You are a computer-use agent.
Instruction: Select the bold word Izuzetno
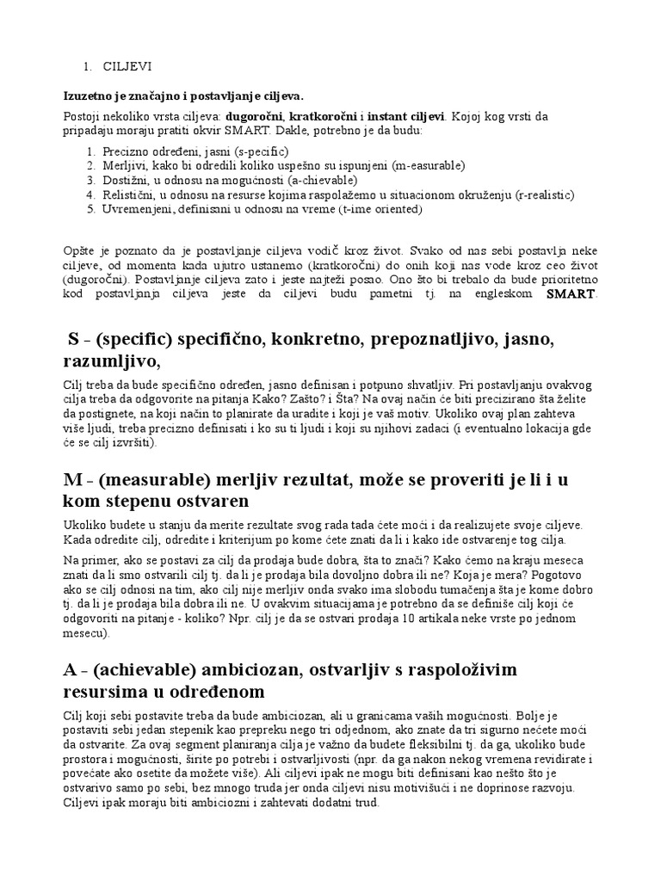[x=88, y=95]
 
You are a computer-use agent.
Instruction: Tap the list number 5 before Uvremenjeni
[x=91, y=209]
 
